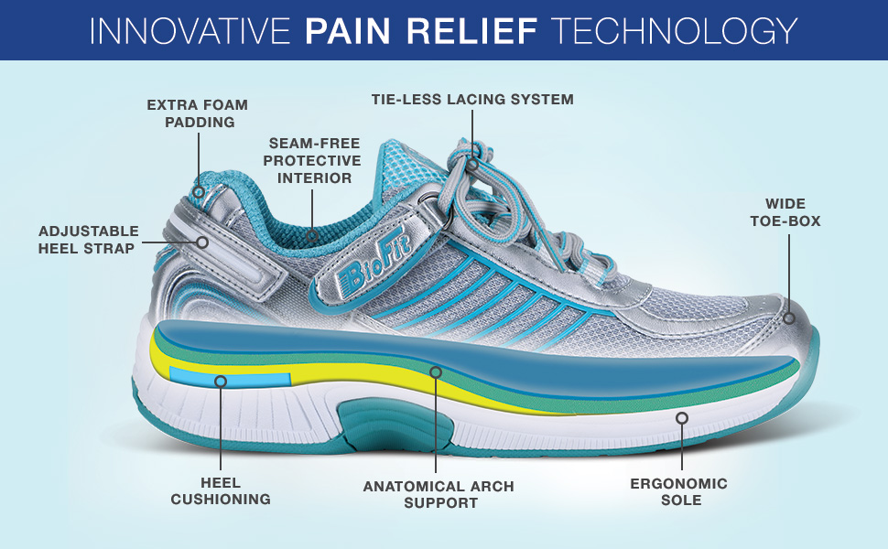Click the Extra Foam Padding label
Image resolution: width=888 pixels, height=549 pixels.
click(198, 113)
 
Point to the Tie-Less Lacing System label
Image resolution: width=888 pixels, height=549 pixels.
click(472, 99)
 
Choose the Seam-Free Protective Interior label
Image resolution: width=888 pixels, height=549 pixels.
click(311, 161)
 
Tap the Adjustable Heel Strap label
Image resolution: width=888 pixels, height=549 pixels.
click(89, 240)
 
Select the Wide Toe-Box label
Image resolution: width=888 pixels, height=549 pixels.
click(785, 212)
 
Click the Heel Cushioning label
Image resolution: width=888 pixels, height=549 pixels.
click(219, 491)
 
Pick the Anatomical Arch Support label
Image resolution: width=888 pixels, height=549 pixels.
click(439, 494)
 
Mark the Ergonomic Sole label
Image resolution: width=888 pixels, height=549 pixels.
click(679, 491)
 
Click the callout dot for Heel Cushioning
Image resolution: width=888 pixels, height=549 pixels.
click(220, 382)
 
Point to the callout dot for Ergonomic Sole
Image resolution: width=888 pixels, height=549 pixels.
click(681, 418)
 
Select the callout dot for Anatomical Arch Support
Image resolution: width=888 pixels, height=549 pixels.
click(436, 372)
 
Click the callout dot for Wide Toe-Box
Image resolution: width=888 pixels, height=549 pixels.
click(788, 318)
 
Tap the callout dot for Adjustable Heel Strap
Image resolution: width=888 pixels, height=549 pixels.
click(202, 242)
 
